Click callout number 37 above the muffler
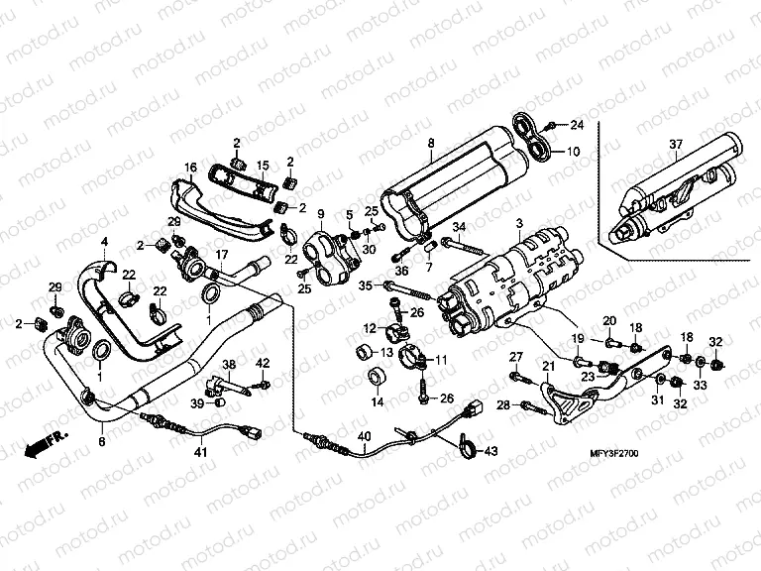click(675, 146)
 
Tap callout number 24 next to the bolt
click(578, 125)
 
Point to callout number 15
click(263, 165)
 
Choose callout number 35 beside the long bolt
click(365, 285)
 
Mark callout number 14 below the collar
click(377, 402)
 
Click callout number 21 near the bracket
click(544, 367)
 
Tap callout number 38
click(229, 364)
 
